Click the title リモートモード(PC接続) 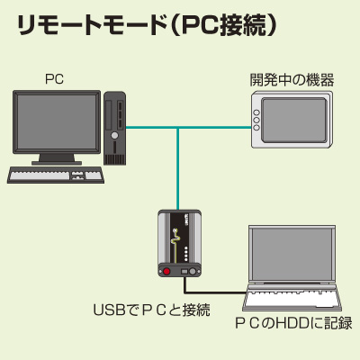(147, 26)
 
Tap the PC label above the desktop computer (54, 79)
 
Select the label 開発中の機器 (292, 79)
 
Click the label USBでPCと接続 (152, 310)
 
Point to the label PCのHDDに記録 (293, 323)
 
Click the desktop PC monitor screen (57, 121)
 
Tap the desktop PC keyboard (56, 175)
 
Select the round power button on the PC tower (114, 135)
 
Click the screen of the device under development (293, 120)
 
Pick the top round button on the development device (256, 112)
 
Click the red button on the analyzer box (166, 272)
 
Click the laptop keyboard (292, 298)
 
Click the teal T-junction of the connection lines (178, 128)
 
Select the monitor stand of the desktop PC (57, 159)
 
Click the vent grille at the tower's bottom (114, 159)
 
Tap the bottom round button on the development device (256, 128)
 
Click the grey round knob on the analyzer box (193, 272)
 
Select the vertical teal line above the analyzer (178, 169)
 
